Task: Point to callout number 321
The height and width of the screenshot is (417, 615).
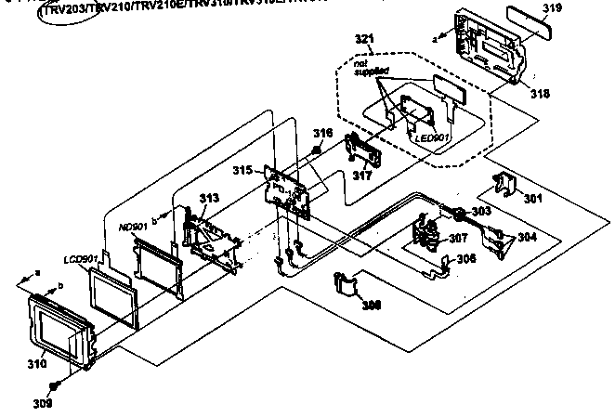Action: [365, 41]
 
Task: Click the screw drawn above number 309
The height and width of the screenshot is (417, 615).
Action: [56, 384]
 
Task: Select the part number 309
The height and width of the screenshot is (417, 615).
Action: [44, 403]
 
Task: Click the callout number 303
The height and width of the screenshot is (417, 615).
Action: [480, 213]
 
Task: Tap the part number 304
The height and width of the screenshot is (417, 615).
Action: [526, 236]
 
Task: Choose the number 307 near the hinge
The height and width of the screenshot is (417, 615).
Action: [457, 239]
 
